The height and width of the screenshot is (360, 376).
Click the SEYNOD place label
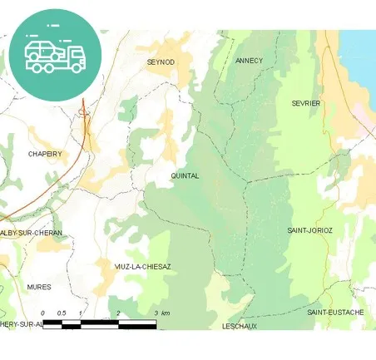[161, 62]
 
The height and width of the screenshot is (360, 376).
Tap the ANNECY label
[249, 61]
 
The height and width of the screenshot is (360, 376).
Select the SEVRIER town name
[306, 103]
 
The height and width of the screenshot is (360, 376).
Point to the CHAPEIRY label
[45, 154]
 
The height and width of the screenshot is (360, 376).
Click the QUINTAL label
[184, 176]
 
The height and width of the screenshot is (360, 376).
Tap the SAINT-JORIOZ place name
[309, 229]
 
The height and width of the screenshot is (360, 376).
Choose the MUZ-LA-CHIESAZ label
[142, 267]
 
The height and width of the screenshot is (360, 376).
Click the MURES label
[39, 287]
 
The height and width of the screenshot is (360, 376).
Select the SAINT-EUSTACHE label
[335, 312]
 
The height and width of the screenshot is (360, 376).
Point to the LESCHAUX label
[240, 326]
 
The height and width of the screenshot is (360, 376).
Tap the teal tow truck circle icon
[54, 54]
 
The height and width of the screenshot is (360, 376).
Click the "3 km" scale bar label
[162, 313]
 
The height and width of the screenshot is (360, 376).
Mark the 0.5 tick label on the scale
[61, 313]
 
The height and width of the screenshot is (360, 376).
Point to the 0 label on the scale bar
[42, 313]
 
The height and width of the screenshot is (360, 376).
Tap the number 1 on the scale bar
[80, 313]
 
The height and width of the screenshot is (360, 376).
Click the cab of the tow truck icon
[75, 57]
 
